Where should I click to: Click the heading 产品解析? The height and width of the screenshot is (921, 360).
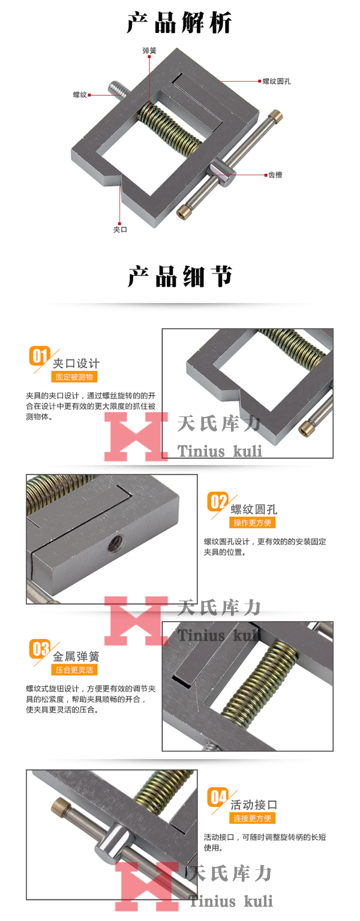click(x=179, y=23)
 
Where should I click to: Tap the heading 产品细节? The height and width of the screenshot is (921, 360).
click(x=179, y=277)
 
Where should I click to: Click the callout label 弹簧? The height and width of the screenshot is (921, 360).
click(x=149, y=50)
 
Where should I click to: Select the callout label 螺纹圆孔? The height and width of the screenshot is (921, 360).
click(x=277, y=80)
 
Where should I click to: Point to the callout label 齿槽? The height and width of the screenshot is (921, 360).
click(x=275, y=175)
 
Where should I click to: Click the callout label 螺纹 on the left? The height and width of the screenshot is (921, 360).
click(x=80, y=94)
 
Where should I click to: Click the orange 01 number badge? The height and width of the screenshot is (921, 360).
click(x=40, y=356)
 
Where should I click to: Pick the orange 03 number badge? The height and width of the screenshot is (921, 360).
click(x=40, y=649)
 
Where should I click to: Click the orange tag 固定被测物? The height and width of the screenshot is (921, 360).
click(x=74, y=377)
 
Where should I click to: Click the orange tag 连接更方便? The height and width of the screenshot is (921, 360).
click(x=253, y=818)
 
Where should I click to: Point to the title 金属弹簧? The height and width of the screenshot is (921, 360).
click(x=76, y=656)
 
